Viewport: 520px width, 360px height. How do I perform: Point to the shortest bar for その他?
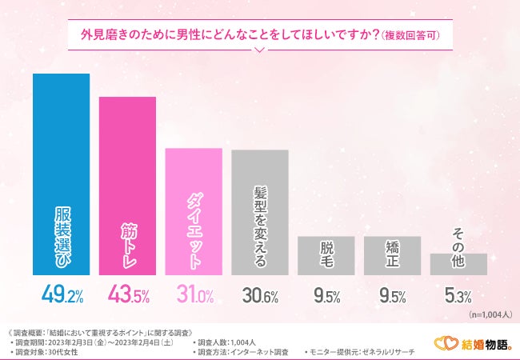pyautogui.click(x=458, y=264)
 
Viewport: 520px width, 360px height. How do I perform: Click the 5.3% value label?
pyautogui.click(x=458, y=297)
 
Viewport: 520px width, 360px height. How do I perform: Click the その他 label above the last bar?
pyautogui.click(x=458, y=238)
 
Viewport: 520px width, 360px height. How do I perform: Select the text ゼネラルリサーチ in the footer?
pyautogui.click(x=393, y=352)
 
